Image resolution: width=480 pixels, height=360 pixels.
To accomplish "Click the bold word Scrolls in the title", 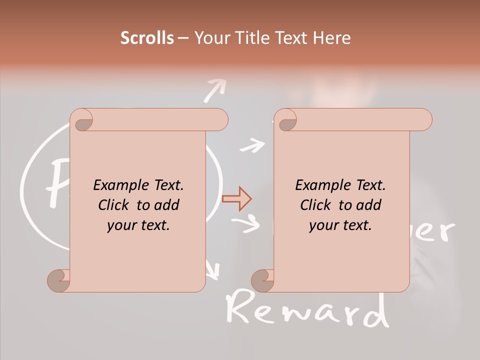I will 147,38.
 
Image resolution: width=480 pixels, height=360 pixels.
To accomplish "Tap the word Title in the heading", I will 247,38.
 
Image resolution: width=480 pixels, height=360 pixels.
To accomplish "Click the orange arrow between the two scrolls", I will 236,199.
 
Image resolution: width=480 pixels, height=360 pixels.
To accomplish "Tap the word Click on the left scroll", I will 114,205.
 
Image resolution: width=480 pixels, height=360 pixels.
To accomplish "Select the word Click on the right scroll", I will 316,205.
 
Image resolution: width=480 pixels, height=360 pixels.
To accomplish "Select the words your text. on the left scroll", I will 138,225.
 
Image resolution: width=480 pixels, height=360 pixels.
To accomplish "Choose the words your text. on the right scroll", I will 340,225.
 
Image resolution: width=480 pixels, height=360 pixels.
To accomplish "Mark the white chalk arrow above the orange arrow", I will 252,145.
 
